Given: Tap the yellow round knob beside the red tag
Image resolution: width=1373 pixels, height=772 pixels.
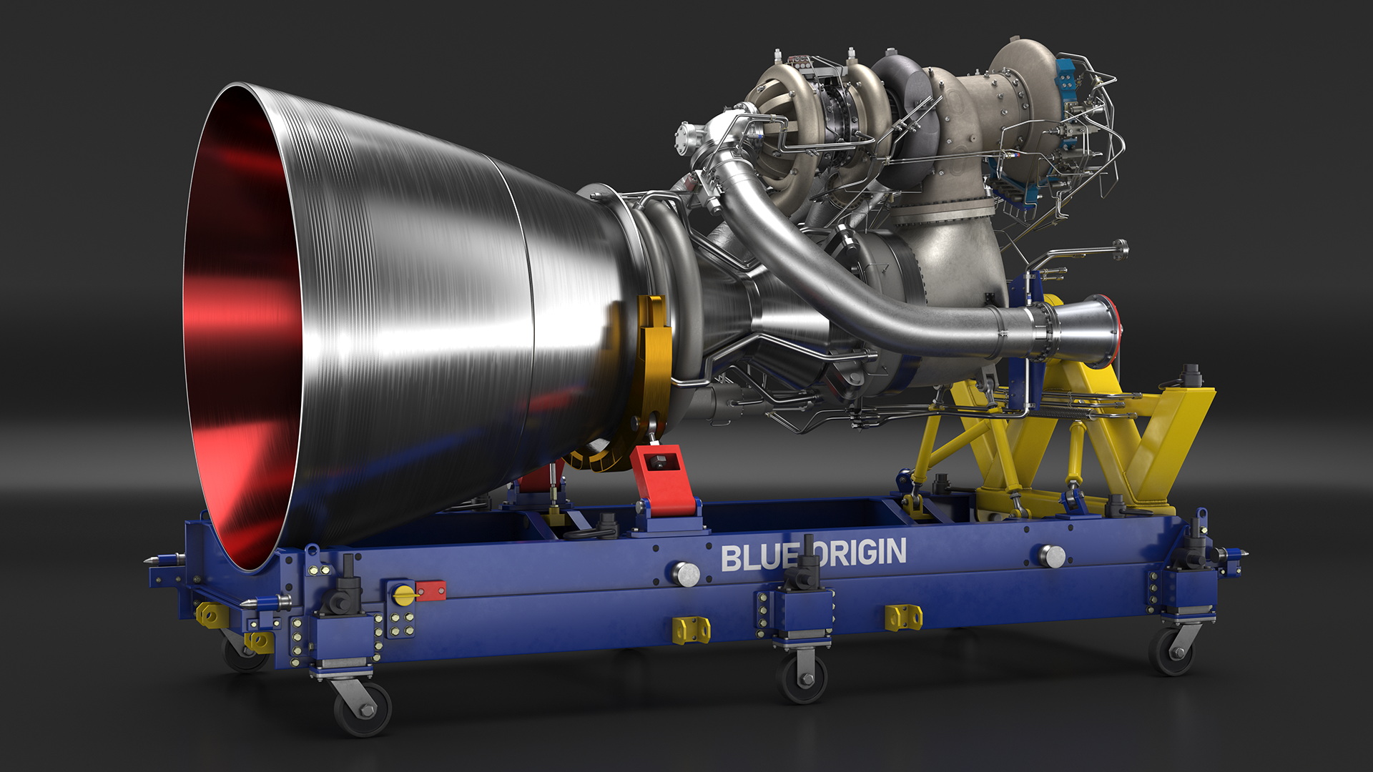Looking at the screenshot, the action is click(x=404, y=593).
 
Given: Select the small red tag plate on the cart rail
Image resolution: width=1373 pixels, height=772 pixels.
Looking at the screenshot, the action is click(x=431, y=590).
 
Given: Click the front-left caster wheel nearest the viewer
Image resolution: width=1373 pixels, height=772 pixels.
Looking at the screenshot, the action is click(x=363, y=708).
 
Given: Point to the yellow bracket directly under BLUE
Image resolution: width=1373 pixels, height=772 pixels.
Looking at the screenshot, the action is click(x=692, y=630).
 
